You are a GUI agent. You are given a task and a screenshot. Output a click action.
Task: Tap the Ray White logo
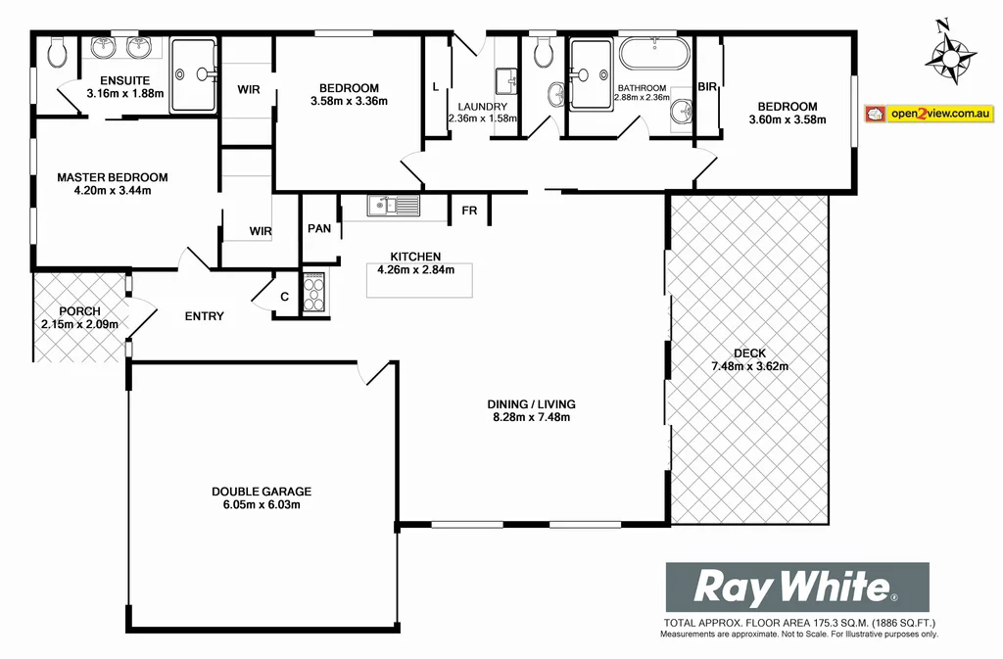[x=797, y=588]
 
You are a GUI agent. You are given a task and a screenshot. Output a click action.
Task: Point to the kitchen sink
[x=393, y=206]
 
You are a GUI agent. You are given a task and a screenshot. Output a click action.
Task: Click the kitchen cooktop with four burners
[x=314, y=291]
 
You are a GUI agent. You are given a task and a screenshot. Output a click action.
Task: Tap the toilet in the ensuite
[x=57, y=52]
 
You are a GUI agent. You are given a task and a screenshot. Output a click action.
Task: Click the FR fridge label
[x=469, y=211]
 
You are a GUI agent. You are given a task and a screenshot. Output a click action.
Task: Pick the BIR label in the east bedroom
[x=707, y=87]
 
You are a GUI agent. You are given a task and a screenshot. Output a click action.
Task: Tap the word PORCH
[x=79, y=311]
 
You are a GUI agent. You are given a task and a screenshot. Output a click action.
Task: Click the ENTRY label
[x=205, y=316]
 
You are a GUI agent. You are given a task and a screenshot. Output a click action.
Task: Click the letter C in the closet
[x=285, y=298]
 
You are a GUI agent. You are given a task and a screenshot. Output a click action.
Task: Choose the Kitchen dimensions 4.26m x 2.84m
[x=416, y=270]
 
